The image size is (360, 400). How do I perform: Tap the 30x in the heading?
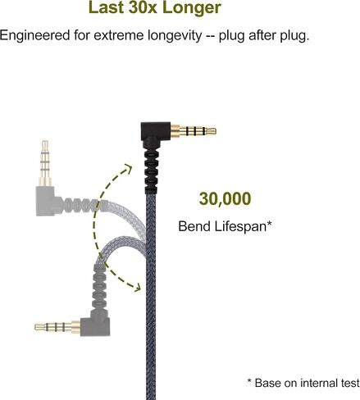[143, 7]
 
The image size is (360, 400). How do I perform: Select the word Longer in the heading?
[192, 9]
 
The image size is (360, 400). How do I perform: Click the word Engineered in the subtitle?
[34, 36]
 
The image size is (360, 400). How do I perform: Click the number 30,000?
[225, 198]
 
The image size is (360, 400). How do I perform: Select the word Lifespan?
[243, 226]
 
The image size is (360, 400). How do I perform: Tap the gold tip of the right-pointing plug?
[211, 131]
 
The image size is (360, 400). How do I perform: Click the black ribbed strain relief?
[151, 170]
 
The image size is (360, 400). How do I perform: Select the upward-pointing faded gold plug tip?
[45, 146]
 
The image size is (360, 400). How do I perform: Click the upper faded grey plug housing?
[48, 201]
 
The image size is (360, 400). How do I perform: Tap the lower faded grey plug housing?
[96, 326]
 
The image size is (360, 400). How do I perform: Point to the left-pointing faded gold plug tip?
[40, 327]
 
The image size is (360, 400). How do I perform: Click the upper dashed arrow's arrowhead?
[128, 169]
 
